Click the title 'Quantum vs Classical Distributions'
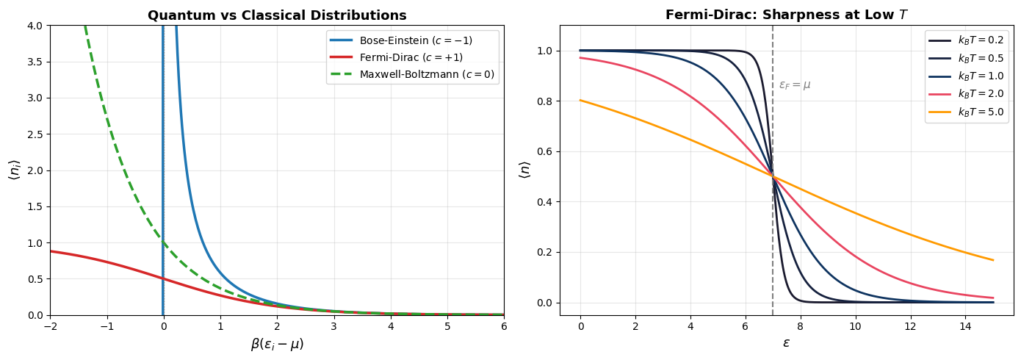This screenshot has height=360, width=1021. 277,15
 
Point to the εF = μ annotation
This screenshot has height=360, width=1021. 795,85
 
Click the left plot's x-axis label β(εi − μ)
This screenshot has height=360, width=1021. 277,344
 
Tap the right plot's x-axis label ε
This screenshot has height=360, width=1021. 786,343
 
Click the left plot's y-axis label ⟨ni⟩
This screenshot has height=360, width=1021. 14,170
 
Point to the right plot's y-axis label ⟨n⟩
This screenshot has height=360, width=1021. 524,170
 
